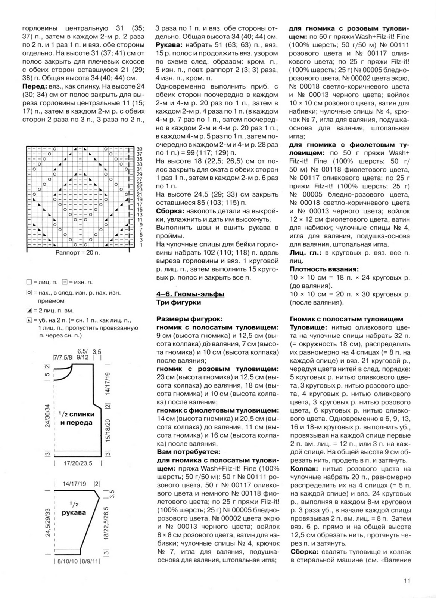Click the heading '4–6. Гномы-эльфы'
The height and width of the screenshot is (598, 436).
coord(190,294)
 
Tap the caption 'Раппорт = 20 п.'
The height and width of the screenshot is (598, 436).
coord(78,252)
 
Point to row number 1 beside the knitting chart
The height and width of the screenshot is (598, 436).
coord(141,245)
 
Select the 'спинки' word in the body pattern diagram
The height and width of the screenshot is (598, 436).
coord(82,414)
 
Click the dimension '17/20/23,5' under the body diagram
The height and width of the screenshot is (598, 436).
coord(78,463)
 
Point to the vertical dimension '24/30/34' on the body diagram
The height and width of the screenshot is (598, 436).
coord(47,415)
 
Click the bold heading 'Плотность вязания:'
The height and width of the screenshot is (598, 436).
coord(324,269)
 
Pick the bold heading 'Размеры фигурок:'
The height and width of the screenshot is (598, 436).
coord(189,319)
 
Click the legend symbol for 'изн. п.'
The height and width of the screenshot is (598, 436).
coord(65,282)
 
